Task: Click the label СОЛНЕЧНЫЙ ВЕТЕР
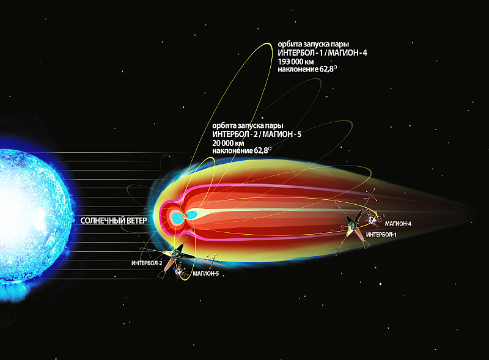click(x=114, y=221)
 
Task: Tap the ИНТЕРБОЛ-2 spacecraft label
click(x=147, y=263)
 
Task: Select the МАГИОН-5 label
click(x=206, y=274)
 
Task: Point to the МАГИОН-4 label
click(x=398, y=224)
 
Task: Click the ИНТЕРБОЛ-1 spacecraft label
click(x=381, y=235)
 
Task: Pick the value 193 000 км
click(x=296, y=62)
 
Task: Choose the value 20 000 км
click(x=228, y=143)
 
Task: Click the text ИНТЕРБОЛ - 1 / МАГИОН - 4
click(x=323, y=53)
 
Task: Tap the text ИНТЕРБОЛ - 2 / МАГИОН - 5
click(x=257, y=134)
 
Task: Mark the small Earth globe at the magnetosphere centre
click(x=185, y=216)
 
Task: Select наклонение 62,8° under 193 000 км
click(x=307, y=69)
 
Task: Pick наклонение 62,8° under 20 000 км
click(x=241, y=151)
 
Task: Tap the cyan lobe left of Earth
click(x=177, y=217)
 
